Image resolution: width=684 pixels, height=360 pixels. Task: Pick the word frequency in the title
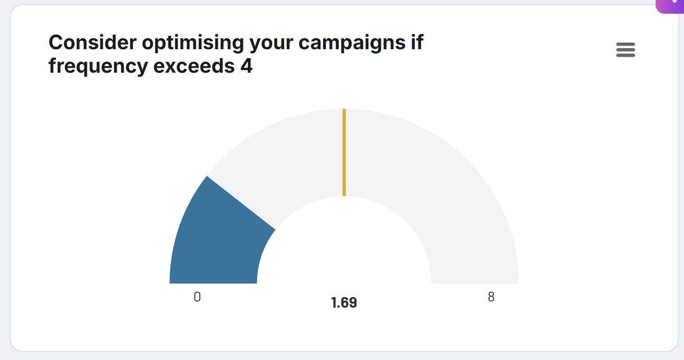pos(98,66)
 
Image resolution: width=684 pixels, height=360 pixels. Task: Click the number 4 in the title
pos(247,66)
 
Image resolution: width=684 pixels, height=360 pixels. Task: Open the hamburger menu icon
pos(625,50)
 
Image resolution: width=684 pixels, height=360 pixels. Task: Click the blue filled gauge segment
pos(213,244)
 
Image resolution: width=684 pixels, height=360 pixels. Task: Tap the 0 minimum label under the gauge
pos(197,297)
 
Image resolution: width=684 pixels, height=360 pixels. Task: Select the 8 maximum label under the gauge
pos(491,297)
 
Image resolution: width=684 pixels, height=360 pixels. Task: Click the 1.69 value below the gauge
pos(344,303)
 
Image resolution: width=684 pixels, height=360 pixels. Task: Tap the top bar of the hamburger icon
pos(625,44)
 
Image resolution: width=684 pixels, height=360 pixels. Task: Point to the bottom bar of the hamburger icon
pos(625,55)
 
